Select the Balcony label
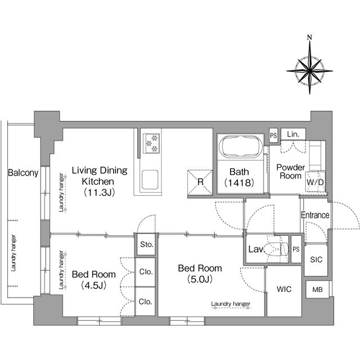click(x=23, y=173)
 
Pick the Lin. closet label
click(x=292, y=134)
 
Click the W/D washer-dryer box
click(x=314, y=182)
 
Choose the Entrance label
click(x=315, y=215)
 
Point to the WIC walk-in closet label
click(x=284, y=290)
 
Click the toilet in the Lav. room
click(x=275, y=249)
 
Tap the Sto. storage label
click(x=146, y=245)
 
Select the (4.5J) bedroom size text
click(x=94, y=285)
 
